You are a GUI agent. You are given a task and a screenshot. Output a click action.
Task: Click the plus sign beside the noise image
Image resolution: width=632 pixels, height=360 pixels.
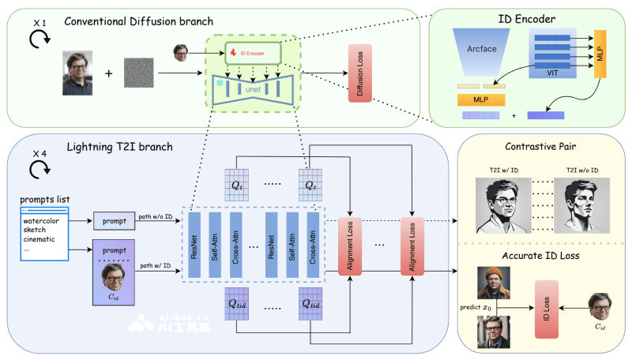tap(108, 76)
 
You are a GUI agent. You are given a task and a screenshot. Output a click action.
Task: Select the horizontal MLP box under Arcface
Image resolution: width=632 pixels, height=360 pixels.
tap(480, 100)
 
